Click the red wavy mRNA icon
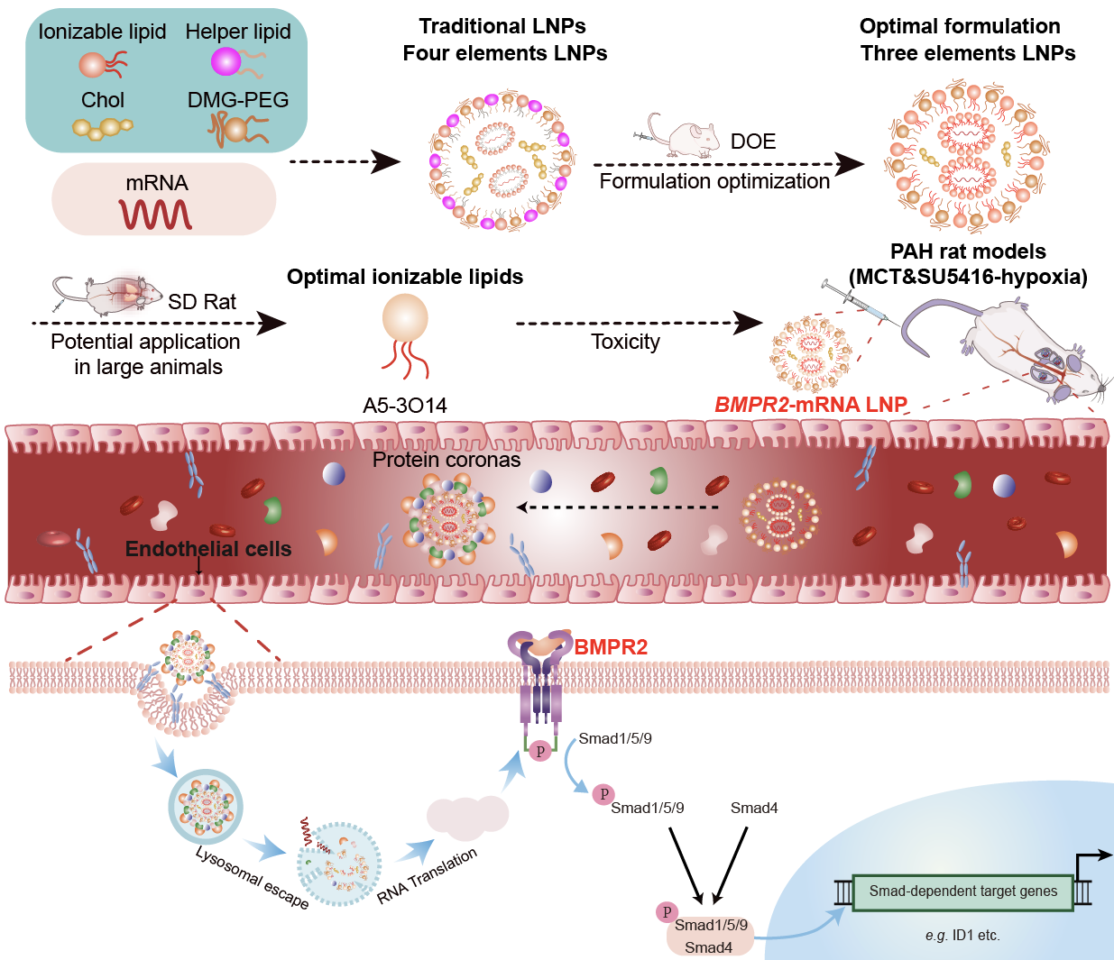coord(156,215)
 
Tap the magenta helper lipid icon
coord(226,61)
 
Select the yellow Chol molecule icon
coord(101,128)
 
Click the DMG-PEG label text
coord(238,100)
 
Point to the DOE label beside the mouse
coord(753,142)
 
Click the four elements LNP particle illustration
coord(502,160)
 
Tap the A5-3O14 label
coord(405,406)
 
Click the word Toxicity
coord(625,342)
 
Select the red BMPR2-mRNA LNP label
coord(810,405)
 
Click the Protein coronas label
coord(447,460)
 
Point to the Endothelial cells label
coord(208,549)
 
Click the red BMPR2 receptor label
coord(611,647)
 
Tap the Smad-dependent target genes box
coord(962,891)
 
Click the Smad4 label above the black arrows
coord(754,808)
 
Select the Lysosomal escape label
coord(252,877)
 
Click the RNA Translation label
coord(427,875)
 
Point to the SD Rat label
coord(202,302)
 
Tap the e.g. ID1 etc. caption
coord(962,935)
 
